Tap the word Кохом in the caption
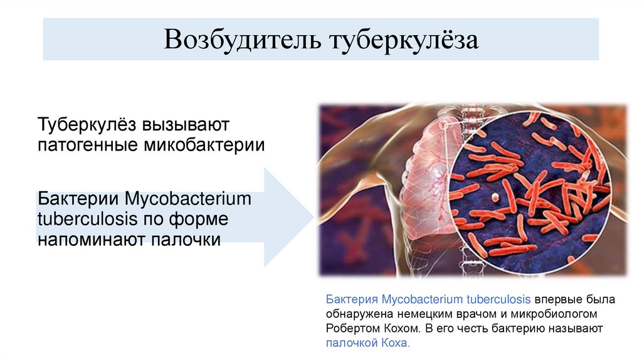406,329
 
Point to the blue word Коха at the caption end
395,344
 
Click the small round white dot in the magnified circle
495,197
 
